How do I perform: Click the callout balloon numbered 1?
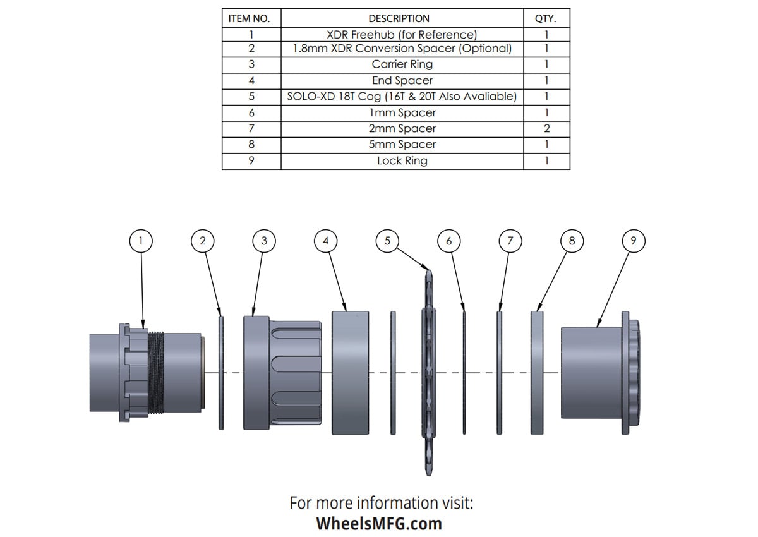pos(141,240)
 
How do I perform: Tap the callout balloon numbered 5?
pos(387,240)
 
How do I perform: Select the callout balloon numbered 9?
pos(634,240)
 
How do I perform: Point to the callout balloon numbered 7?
pos(510,240)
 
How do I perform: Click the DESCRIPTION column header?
pos(402,19)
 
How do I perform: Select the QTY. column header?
pos(546,19)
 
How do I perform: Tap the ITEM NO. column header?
pos(251,19)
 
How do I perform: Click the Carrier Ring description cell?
pos(402,64)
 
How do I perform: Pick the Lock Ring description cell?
pos(402,160)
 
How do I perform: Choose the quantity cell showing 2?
pos(546,128)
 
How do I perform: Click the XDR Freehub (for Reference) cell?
pos(402,35)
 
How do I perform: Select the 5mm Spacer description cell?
pos(402,144)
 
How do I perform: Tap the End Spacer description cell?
pos(402,80)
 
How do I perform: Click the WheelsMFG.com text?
pos(379,524)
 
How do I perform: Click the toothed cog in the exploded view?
pos(428,373)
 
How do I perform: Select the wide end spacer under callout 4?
pos(350,373)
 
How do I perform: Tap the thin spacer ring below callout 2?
pos(221,373)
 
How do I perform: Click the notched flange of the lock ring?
pos(629,373)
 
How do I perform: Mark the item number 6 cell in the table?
pos(251,112)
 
